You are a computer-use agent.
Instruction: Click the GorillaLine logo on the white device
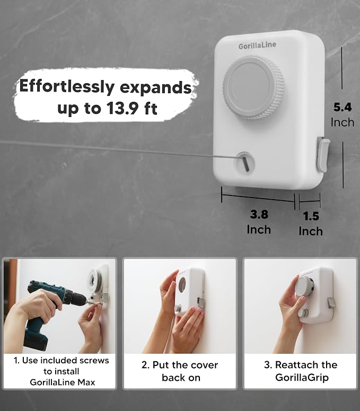pos(257,46)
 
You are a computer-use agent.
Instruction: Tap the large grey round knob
pos(253,87)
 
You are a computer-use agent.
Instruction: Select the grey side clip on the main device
pos(323,154)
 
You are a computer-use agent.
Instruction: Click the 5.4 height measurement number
pos(343,107)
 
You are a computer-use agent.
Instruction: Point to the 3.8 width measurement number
pos(259,214)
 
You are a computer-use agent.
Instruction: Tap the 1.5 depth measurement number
pos(311,216)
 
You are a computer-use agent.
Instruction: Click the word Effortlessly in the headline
pos(67,87)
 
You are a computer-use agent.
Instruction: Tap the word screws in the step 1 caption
pos(94,360)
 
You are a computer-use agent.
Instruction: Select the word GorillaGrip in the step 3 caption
pos(302,378)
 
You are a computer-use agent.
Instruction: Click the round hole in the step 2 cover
pos(182,284)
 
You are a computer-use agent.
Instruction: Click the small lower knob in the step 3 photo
pos(304,313)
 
